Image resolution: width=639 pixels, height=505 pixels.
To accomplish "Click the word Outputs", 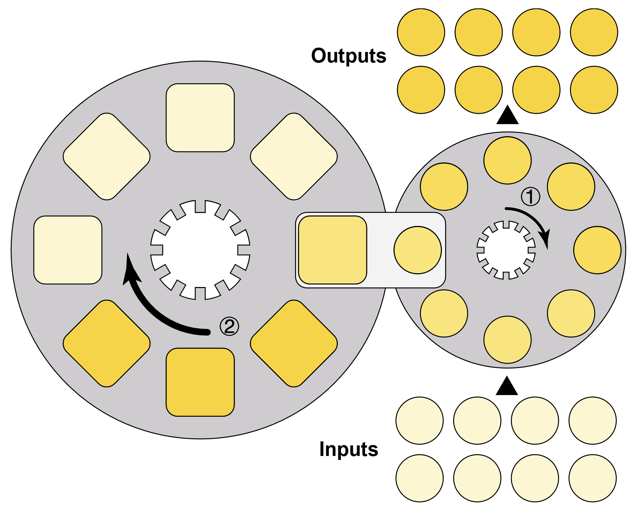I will pyautogui.click(x=348, y=56).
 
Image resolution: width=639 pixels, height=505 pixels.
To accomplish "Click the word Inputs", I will pyautogui.click(x=348, y=449).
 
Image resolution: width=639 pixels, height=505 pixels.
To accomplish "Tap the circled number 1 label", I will pyautogui.click(x=530, y=197).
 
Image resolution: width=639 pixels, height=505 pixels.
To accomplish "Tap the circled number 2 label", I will pyautogui.click(x=229, y=326).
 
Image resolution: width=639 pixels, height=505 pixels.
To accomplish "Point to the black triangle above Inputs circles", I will pyautogui.click(x=507, y=387).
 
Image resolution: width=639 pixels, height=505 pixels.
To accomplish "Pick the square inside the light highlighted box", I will pyautogui.click(x=332, y=250).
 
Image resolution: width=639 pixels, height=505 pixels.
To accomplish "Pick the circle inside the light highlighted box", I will pyautogui.click(x=418, y=250).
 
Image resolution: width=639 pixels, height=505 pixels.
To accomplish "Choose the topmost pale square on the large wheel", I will pyautogui.click(x=200, y=118).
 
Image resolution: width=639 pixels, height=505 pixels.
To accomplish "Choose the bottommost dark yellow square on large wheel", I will pyautogui.click(x=200, y=382).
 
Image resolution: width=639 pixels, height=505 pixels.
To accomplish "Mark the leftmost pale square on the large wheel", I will pyautogui.click(x=68, y=250).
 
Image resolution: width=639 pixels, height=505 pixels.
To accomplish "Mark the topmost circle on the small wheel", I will pyautogui.click(x=507, y=160).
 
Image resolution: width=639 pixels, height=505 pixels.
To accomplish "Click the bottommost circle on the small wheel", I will pyautogui.click(x=507, y=340).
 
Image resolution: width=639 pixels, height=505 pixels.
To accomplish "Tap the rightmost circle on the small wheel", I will pyautogui.click(x=597, y=250).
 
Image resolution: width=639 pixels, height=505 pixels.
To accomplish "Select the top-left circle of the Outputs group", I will pyautogui.click(x=421, y=32).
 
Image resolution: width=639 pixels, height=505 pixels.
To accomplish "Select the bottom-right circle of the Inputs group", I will pyautogui.click(x=592, y=478).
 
